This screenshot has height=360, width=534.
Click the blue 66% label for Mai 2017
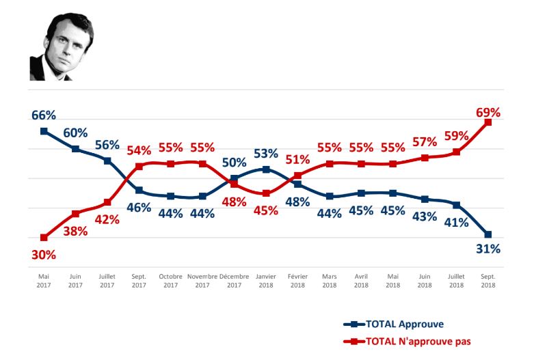coord(44,114)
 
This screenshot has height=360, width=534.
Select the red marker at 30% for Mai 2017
coord(44,238)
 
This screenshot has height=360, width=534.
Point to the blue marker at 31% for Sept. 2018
coord(488,234)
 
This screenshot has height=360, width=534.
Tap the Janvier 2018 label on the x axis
coord(266,280)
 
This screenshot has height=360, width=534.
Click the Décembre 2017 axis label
coord(234,280)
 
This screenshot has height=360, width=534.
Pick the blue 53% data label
coord(265,154)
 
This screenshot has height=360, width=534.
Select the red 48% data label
coord(234,202)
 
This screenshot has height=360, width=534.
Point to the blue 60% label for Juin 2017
coord(76,133)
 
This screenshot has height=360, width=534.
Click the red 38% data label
coord(75,231)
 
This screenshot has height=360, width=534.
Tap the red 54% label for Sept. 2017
coord(139,150)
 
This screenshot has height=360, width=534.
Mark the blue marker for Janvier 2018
coord(266,169)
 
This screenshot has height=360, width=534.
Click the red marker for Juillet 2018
coord(456,152)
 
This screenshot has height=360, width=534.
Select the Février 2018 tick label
coord(297,280)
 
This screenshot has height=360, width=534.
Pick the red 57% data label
coord(425,141)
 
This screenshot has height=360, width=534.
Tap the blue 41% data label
coord(456,222)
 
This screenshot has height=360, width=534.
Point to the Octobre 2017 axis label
coord(170,280)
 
